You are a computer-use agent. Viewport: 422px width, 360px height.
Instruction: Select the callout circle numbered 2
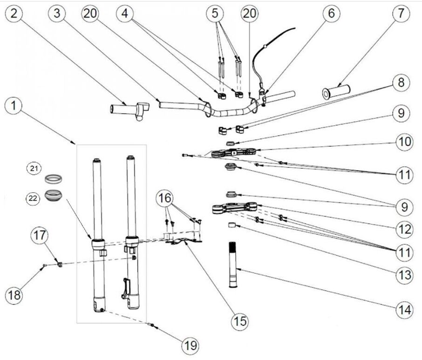tap(14, 14)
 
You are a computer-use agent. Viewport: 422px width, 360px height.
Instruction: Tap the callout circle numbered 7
tap(401, 14)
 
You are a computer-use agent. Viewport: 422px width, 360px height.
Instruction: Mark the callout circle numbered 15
tap(241, 321)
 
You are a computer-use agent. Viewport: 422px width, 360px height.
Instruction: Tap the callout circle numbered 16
tap(166, 200)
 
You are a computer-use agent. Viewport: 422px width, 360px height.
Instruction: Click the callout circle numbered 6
tap(331, 14)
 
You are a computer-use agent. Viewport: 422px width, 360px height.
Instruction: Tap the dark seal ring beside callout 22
tap(54, 194)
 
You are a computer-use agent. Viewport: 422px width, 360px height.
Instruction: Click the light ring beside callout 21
tap(54, 179)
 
